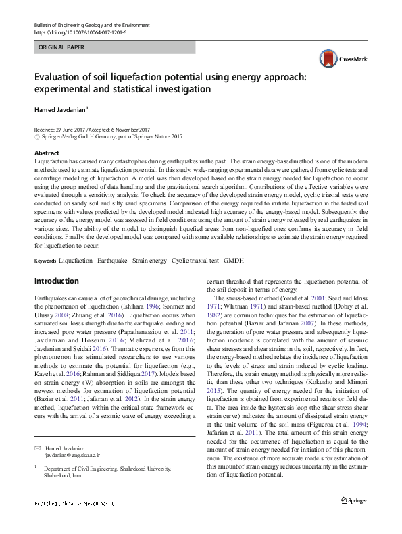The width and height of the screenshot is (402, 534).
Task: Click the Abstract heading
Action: coord(47,154)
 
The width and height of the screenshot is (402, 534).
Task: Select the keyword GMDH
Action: coord(232,260)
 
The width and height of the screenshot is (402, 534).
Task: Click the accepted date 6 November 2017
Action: coord(126,129)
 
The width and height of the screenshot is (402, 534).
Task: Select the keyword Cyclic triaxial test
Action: coord(193,260)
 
